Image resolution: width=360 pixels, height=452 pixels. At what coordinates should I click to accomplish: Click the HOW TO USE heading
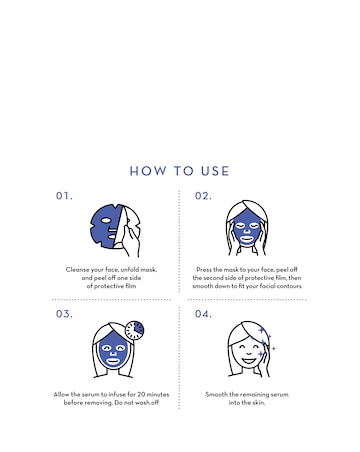pos(179,171)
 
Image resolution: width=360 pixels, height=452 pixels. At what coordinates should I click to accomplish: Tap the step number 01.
pos(64,196)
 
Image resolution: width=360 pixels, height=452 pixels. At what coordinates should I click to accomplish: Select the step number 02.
pos(203,196)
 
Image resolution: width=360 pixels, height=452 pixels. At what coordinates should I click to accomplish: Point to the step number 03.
pos(64,314)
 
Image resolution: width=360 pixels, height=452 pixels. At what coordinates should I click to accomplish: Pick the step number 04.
pos(203,314)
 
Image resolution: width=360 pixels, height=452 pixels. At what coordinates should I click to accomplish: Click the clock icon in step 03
pos(135,330)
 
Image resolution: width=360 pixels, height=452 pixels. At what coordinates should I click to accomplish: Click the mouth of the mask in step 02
pos(247,239)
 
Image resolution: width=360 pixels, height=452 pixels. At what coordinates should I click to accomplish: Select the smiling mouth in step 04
pos(248,360)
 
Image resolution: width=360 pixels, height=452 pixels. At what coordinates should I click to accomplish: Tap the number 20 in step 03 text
pos(142,394)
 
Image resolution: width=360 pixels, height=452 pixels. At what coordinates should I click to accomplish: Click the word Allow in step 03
pos(61,394)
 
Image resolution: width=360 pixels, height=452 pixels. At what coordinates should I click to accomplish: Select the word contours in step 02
pos(290,286)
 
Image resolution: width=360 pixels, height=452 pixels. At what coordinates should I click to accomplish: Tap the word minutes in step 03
pos(158,394)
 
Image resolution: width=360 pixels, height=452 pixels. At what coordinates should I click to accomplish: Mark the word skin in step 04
pos(258,403)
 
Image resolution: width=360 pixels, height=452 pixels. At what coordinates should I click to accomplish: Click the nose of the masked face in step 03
pos(113,352)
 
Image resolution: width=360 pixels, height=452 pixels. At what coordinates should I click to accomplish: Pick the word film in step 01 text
pos(130,286)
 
